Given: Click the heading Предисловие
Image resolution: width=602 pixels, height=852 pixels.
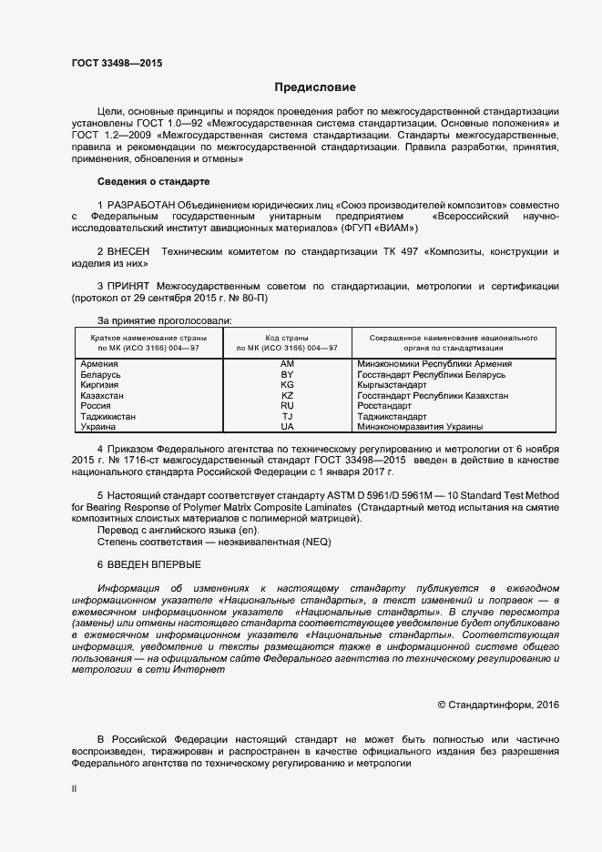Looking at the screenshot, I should [316, 87].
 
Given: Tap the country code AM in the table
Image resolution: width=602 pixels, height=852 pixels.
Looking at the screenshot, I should [287, 364].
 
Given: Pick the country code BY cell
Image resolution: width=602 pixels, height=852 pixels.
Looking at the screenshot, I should [287, 375].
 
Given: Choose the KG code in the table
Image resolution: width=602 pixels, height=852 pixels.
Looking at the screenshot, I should [287, 385].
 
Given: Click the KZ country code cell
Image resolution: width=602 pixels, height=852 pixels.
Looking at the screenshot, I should [287, 396].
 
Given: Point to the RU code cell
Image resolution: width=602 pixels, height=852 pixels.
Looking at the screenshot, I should [287, 406].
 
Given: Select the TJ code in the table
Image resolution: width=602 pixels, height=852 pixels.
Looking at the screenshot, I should [287, 416].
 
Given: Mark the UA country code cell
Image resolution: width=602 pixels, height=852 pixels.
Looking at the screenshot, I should [287, 427].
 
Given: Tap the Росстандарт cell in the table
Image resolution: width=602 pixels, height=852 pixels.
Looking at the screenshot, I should [384, 406].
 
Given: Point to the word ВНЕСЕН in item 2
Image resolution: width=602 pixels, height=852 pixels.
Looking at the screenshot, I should [129, 250].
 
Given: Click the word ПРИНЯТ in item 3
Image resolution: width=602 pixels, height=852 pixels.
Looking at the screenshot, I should [129, 287].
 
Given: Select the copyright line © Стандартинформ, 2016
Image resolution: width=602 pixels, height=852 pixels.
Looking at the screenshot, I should [498, 705].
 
